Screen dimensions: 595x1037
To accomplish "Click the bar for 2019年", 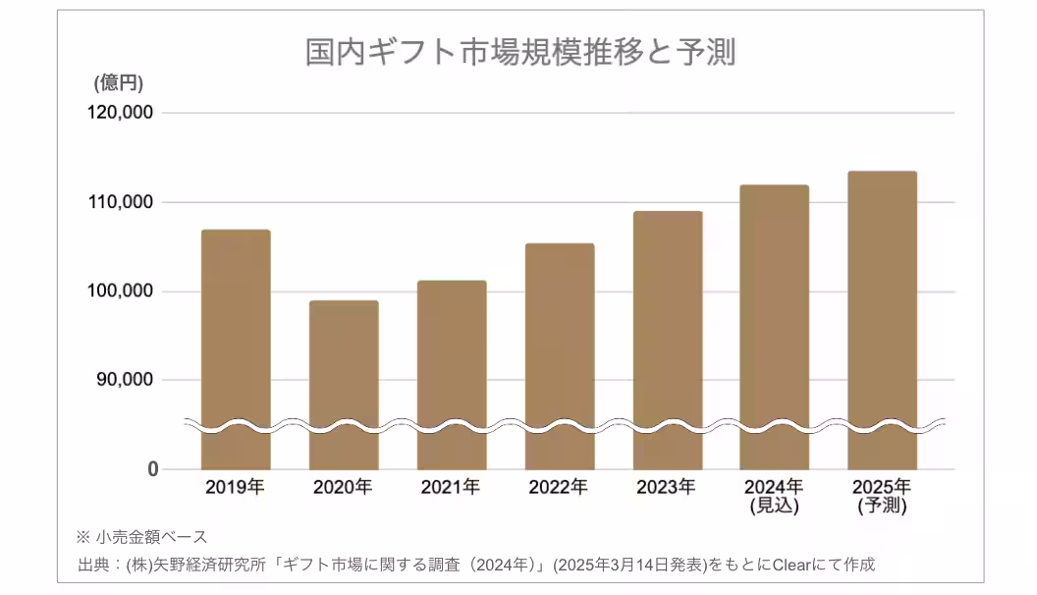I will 235,334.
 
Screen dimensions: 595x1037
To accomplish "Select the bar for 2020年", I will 343,373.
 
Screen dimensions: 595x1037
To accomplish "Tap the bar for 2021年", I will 451,363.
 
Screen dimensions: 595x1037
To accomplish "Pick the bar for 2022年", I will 559,344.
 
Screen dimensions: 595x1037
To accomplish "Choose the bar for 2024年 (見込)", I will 774,314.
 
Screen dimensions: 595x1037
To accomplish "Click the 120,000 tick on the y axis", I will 121,113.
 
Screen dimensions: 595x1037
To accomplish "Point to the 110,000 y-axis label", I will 121,202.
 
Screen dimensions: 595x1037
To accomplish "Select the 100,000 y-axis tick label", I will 121,292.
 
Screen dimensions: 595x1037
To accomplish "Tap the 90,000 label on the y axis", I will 126,380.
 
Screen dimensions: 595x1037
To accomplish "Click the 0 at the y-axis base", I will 152,469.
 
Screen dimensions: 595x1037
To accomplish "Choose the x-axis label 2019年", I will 235,487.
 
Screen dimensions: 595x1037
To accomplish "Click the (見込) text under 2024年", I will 774,507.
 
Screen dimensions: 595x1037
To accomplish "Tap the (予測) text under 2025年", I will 882,507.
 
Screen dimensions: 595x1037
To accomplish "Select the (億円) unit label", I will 119,83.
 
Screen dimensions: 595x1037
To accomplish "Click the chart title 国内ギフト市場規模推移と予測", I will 520,52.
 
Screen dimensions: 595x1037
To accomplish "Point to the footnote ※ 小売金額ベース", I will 141,537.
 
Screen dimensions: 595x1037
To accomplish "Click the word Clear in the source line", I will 791,565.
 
